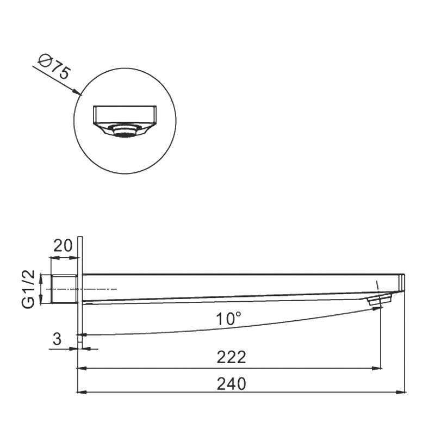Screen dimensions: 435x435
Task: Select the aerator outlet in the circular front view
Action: click(x=124, y=131)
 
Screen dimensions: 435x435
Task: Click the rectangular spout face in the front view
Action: click(x=125, y=114)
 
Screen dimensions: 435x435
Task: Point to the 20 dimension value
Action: click(x=63, y=246)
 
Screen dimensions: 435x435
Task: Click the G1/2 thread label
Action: click(x=28, y=289)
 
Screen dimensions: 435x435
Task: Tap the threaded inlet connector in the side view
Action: click(x=64, y=289)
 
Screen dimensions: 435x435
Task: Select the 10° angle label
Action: click(x=228, y=319)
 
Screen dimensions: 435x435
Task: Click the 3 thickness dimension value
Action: click(x=57, y=339)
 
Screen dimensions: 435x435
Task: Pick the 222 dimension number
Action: click(x=232, y=357)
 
